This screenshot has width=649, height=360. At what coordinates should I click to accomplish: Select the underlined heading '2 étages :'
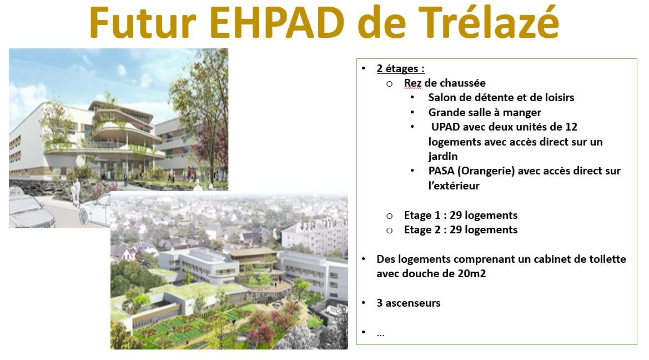[x=400, y=68]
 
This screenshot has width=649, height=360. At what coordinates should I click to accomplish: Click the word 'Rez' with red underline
[x=412, y=83]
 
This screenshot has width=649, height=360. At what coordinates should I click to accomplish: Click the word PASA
[x=441, y=171]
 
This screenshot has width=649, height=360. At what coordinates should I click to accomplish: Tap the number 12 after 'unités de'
[x=571, y=127]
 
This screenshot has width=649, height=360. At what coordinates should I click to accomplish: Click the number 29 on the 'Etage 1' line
[x=456, y=215]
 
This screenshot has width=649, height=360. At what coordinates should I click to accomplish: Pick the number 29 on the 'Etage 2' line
[x=456, y=229]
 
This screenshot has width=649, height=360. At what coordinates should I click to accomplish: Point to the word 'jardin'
[x=443, y=157]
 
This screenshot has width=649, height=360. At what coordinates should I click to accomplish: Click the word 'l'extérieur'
[x=454, y=186]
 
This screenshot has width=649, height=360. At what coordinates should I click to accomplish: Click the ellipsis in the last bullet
[x=380, y=334]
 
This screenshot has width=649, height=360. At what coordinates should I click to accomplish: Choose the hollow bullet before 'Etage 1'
[x=389, y=216]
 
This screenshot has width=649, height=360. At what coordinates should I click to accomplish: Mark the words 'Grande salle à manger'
[x=485, y=112]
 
